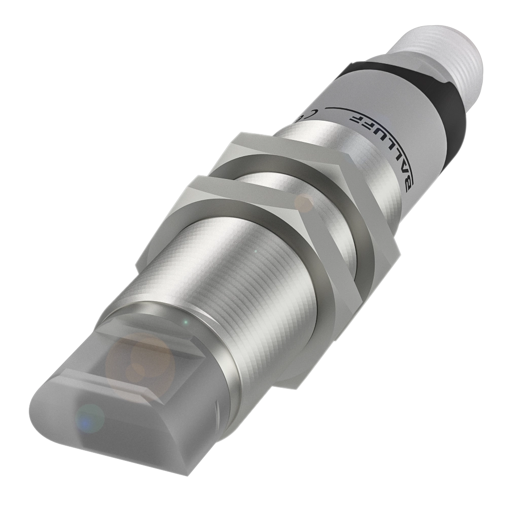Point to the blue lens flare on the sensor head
(90, 418)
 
